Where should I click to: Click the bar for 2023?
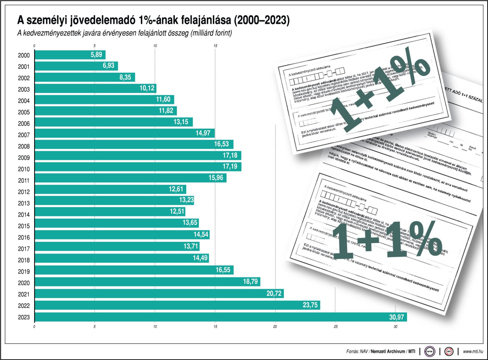(221, 317)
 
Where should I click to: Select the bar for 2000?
(70, 55)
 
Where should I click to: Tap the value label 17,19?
(230, 166)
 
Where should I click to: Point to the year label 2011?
(24, 180)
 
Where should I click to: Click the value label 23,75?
(310, 305)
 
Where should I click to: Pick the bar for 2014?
(110, 211)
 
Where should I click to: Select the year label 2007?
(24, 135)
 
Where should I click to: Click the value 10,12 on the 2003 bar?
(147, 88)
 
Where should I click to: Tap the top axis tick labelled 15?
(215, 46)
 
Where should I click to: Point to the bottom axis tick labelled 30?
(395, 327)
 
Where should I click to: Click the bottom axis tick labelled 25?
(335, 327)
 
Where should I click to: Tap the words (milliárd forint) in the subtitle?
(211, 33)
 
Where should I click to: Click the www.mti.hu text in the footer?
(473, 351)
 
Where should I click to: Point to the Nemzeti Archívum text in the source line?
(389, 351)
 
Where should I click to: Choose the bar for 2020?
(147, 282)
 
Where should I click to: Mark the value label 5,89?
(96, 55)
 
